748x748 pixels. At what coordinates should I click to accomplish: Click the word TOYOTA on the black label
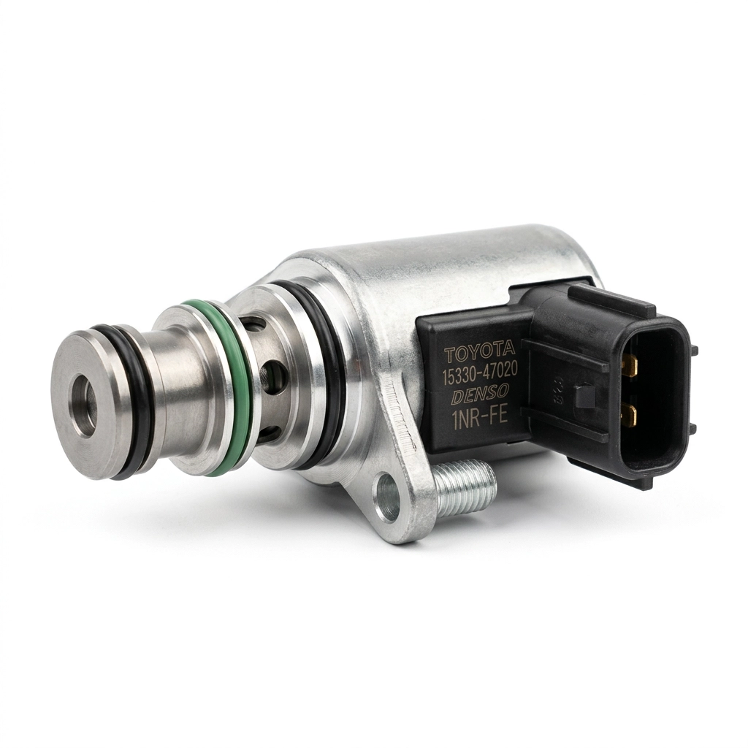(480, 354)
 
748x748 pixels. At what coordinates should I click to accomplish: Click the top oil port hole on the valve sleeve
(253, 326)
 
